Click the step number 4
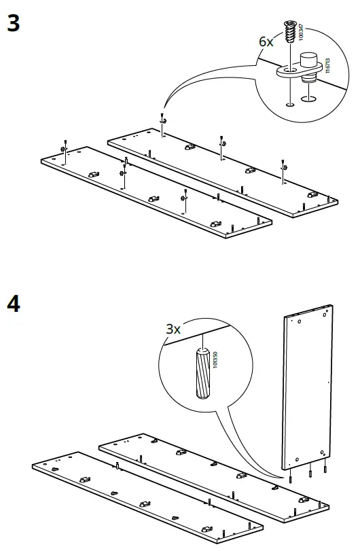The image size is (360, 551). (x=13, y=303)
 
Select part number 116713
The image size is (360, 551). (x=327, y=65)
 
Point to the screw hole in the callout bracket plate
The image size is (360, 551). (x=289, y=70)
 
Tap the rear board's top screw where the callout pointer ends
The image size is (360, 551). (x=162, y=118)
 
